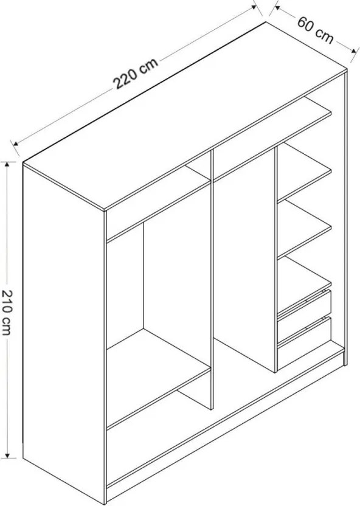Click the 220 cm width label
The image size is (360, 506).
(136, 73)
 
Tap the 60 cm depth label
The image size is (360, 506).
(315, 30)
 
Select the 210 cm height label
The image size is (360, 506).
(7, 313)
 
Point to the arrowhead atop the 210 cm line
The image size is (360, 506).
(7, 164)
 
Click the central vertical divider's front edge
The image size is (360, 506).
(212, 280)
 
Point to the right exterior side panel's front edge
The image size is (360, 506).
(345, 218)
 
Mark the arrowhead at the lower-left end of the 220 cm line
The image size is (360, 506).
(15, 144)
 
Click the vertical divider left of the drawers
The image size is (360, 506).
(276, 260)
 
